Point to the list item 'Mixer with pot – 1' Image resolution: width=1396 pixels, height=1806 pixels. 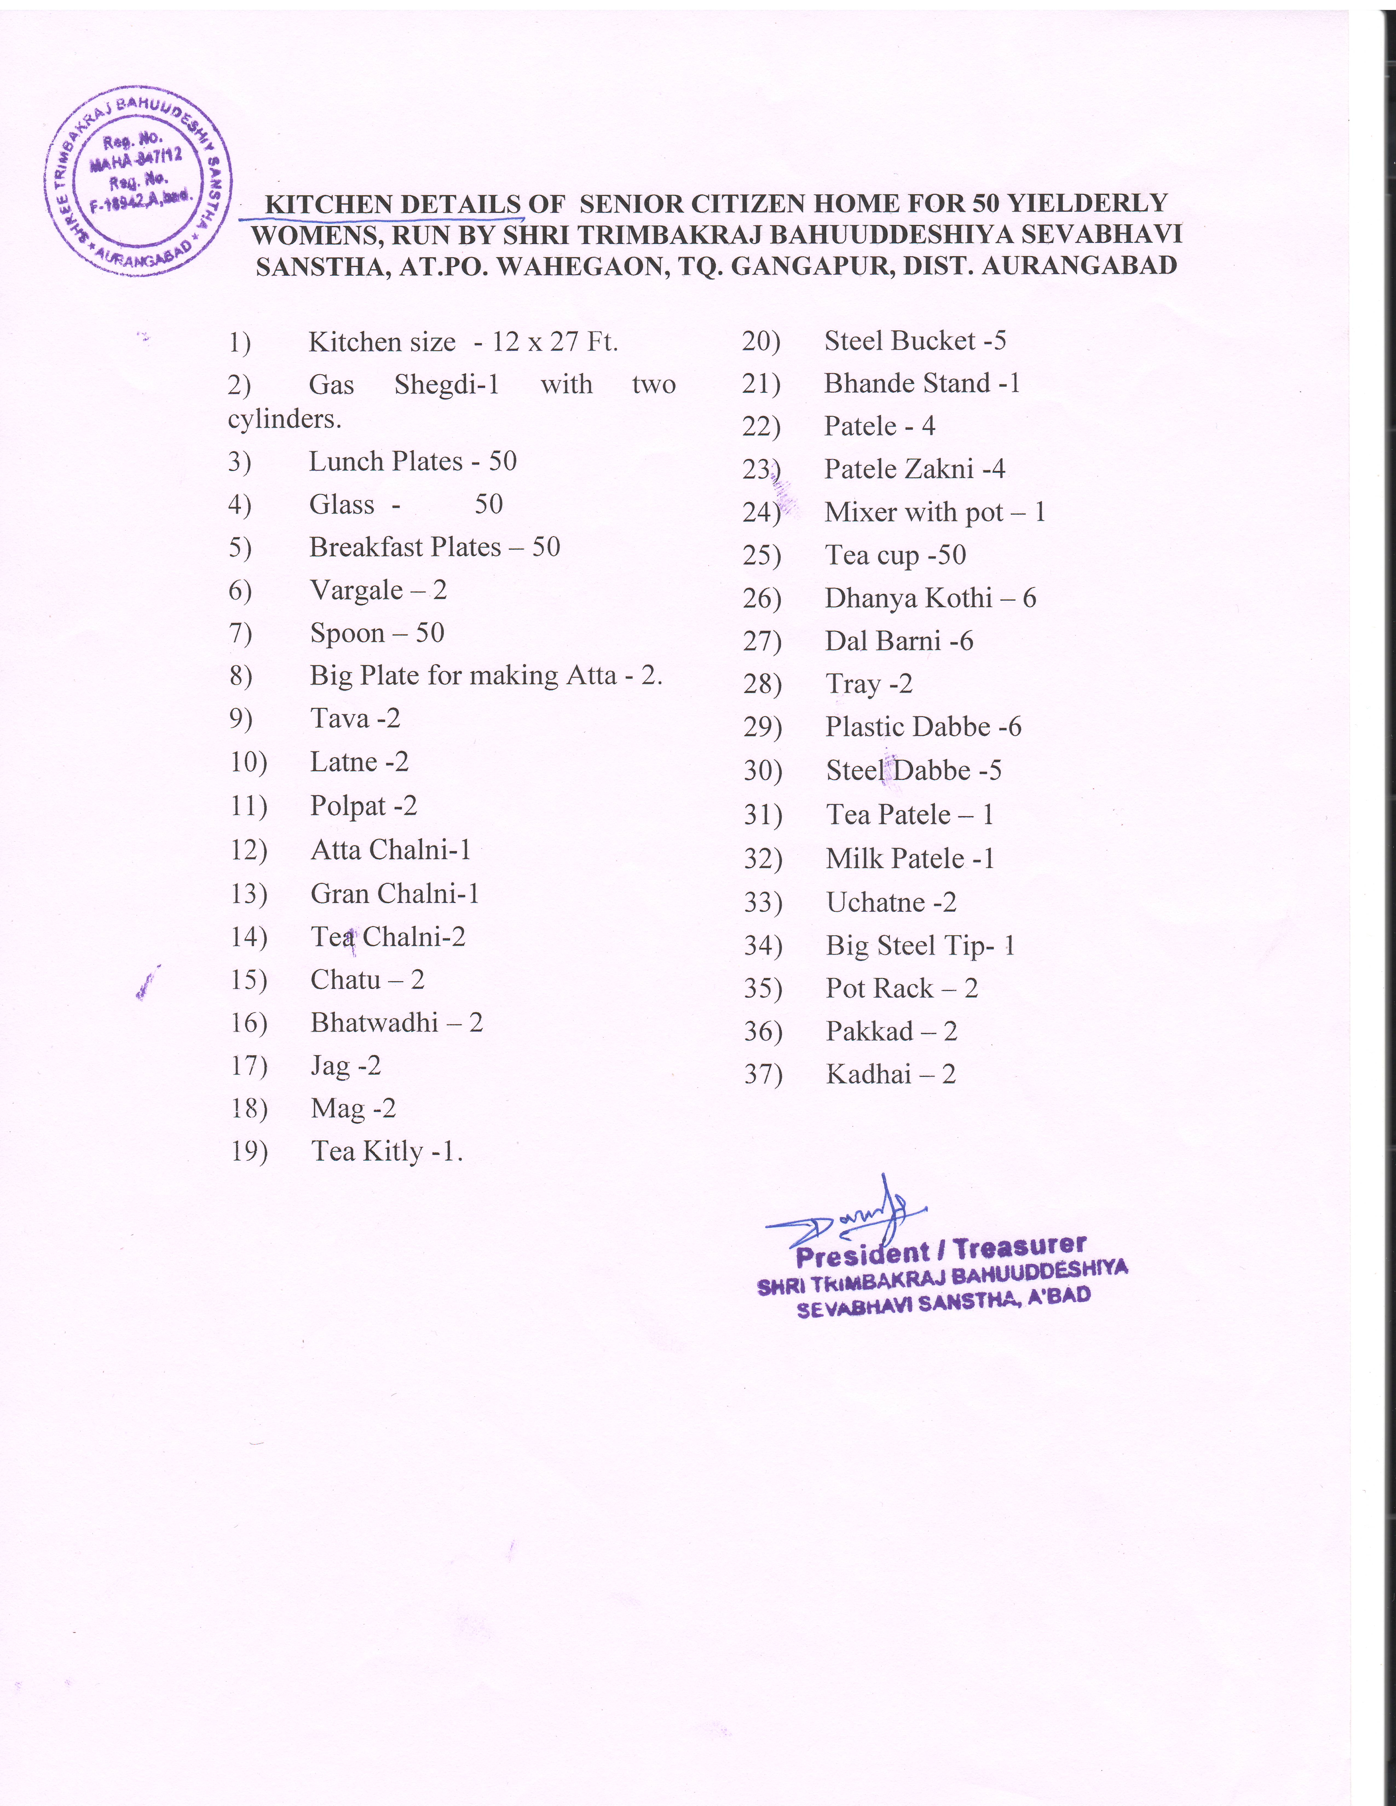(x=934, y=513)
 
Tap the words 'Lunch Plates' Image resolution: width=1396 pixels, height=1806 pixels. (x=385, y=461)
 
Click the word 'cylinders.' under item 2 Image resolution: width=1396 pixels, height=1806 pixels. (x=284, y=419)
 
